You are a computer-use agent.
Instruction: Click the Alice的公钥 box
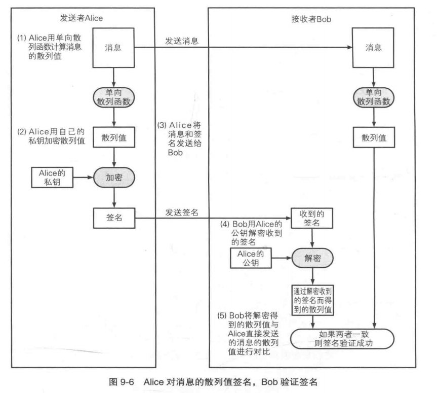[251, 257]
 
